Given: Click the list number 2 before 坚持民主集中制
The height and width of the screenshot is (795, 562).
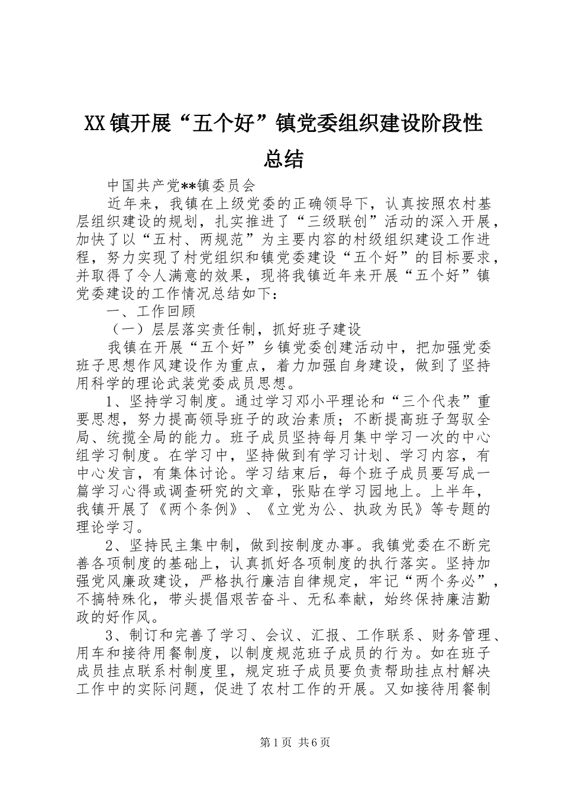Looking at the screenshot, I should pyautogui.click(x=110, y=545).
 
